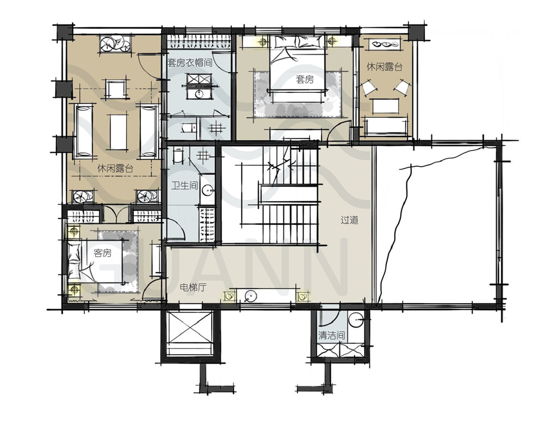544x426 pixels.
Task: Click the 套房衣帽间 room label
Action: (x=189, y=62)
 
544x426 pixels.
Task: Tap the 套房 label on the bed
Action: (x=305, y=80)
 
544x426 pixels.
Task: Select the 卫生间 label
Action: (x=184, y=186)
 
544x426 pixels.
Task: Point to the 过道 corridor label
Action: (x=349, y=220)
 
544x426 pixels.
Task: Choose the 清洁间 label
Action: (x=332, y=336)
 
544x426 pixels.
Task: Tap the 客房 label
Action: (x=103, y=253)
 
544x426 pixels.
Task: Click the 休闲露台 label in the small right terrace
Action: (x=385, y=67)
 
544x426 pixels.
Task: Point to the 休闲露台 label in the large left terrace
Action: (x=115, y=169)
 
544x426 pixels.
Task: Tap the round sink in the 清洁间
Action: (x=356, y=320)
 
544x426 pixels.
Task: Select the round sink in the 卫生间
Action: (x=207, y=189)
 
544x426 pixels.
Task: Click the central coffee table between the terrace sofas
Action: (x=118, y=132)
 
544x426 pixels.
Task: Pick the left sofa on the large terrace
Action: (x=84, y=131)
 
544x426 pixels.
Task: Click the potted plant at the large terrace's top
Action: (x=115, y=43)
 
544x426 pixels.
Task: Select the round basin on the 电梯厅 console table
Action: (x=250, y=296)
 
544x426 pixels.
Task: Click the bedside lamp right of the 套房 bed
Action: (x=332, y=41)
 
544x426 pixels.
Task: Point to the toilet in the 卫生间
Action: (x=178, y=155)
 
